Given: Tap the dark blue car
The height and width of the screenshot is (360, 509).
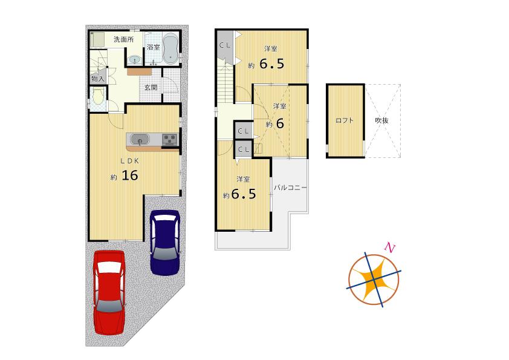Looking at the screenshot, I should tap(165, 242).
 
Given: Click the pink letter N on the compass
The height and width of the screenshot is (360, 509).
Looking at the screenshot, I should tap(390, 247).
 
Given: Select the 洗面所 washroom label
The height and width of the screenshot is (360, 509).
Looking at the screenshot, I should tap(124, 40).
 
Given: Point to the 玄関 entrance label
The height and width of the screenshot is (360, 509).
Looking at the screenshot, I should tap(151, 87).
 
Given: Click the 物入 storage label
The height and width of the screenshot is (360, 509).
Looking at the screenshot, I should tap(98, 79).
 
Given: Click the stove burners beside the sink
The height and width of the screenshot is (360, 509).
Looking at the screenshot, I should tap(169, 140).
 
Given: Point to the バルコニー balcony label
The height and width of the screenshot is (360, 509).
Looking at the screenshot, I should tap(290, 188).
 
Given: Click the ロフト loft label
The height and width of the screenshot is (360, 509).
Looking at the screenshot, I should tap(345, 120).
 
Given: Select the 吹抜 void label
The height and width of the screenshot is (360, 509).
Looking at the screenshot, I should tap(381, 120).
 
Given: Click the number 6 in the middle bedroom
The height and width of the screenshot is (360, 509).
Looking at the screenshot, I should tap(279, 123).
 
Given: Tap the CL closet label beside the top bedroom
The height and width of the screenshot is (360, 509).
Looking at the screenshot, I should tap(224, 45).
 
